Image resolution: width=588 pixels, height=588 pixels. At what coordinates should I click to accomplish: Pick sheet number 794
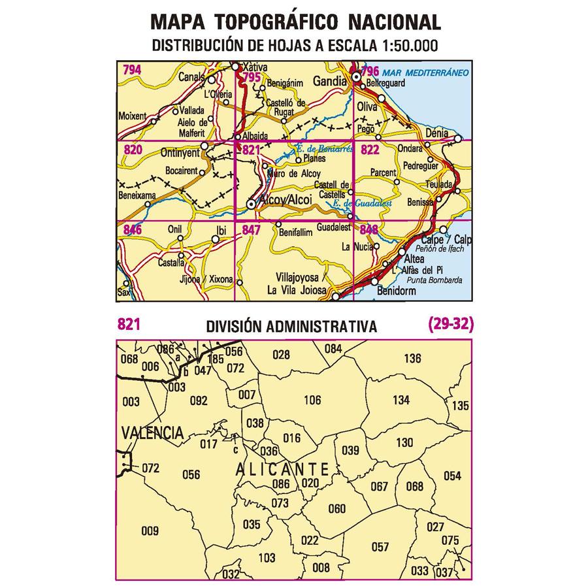point(132,69)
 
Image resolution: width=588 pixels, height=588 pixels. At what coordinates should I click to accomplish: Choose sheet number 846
point(132,229)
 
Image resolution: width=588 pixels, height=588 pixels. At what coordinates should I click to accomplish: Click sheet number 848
point(368,230)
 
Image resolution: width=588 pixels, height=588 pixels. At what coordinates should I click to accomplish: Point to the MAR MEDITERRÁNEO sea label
point(425,72)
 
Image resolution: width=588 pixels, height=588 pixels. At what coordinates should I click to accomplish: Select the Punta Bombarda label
point(434,280)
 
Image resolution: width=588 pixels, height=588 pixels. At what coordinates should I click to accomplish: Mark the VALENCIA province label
point(152,433)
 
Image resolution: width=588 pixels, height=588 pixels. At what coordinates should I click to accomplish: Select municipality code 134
point(401,400)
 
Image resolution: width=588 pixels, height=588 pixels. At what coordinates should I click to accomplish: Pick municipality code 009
point(150,531)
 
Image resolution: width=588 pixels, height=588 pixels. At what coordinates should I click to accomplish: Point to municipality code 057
point(380,547)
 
